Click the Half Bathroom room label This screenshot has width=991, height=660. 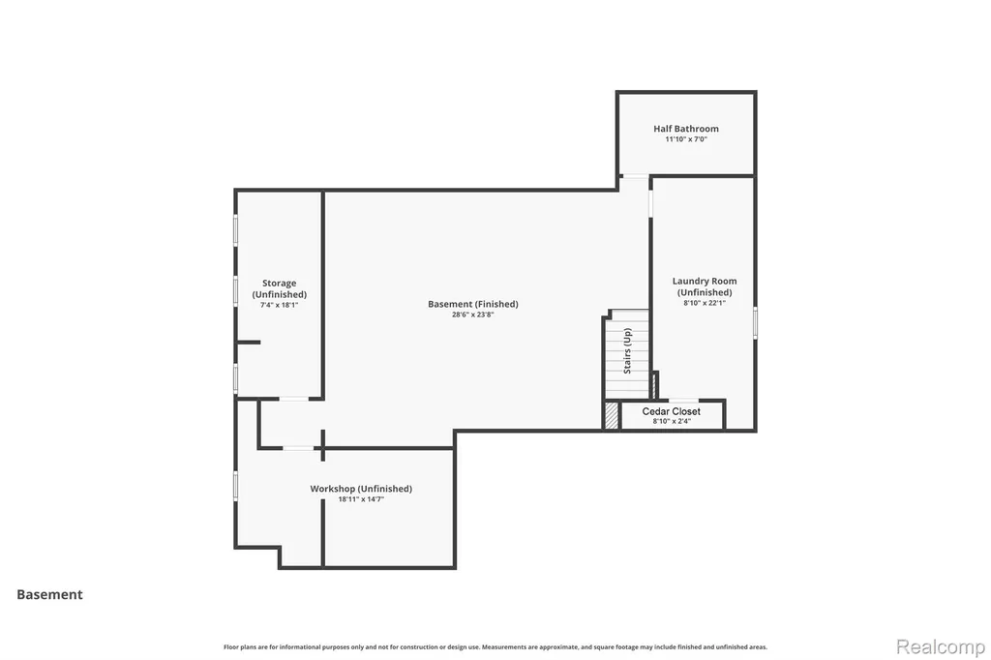[686, 129]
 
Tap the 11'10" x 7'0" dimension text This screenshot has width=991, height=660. [686, 139]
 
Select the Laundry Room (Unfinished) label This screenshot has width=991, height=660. [705, 286]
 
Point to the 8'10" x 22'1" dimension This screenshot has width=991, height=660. [705, 303]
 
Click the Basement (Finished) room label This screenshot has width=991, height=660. [472, 304]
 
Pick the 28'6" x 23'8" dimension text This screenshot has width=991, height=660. [472, 315]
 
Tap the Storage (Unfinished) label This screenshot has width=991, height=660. [280, 289]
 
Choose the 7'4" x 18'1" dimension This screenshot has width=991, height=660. [280, 305]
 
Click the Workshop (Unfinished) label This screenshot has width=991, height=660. [361, 489]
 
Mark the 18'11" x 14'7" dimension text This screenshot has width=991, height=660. [361, 498]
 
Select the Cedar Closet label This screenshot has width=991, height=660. [672, 411]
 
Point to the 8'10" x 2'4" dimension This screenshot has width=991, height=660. [672, 421]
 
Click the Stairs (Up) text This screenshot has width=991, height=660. [627, 351]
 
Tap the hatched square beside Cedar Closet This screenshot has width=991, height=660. [612, 416]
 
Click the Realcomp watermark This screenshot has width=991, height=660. [941, 647]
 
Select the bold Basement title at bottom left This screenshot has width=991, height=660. [50, 594]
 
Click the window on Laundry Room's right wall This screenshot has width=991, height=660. [755, 322]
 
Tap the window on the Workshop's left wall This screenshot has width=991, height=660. [236, 486]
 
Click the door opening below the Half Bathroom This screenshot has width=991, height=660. [635, 176]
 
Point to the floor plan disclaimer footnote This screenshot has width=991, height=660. [495, 646]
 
